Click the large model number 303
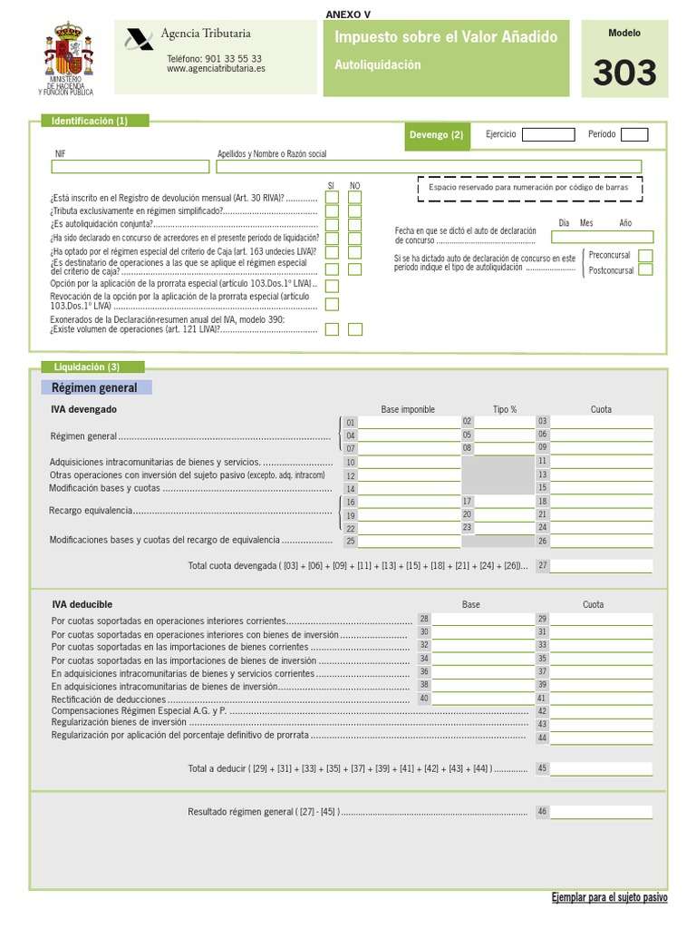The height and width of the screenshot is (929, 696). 624,73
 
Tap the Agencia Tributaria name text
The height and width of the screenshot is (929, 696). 205,34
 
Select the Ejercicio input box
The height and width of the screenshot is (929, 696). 548,135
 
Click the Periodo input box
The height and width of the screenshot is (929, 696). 634,135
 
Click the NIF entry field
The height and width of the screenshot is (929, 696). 131,167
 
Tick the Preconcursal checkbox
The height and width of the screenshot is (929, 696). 645,256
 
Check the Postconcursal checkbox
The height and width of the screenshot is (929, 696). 645,270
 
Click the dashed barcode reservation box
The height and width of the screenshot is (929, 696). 529,188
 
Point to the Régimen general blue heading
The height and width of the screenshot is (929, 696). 96,388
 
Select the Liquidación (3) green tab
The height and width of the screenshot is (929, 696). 88,367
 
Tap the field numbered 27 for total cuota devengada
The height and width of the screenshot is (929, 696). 600,566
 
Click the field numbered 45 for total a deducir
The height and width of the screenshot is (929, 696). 600,768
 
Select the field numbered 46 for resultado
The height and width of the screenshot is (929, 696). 600,812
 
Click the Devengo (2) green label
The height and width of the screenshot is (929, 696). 437,135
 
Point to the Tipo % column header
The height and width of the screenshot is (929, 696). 505,410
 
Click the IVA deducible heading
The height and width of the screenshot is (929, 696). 82,604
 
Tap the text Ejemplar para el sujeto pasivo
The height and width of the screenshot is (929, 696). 609,897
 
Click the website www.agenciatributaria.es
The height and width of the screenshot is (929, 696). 216,69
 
